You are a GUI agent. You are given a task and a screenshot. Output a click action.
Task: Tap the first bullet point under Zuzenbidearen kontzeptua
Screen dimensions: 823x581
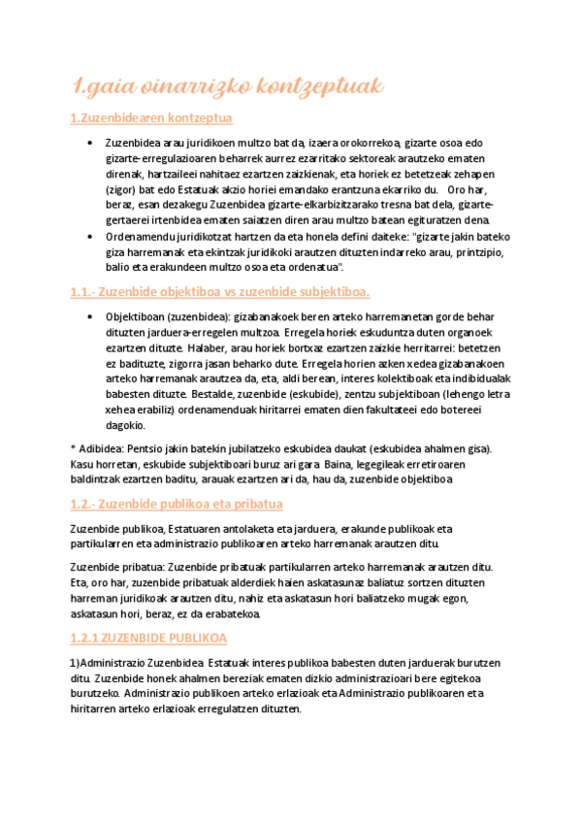89,143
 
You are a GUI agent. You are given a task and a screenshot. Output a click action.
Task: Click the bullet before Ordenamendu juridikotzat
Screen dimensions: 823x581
89,237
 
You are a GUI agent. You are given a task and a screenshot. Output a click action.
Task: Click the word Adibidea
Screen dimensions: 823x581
104,447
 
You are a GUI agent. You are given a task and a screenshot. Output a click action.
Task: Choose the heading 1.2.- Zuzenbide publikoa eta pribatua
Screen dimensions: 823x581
177,505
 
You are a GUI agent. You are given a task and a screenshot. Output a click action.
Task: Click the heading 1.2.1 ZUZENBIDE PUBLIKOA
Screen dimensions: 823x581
148,638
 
